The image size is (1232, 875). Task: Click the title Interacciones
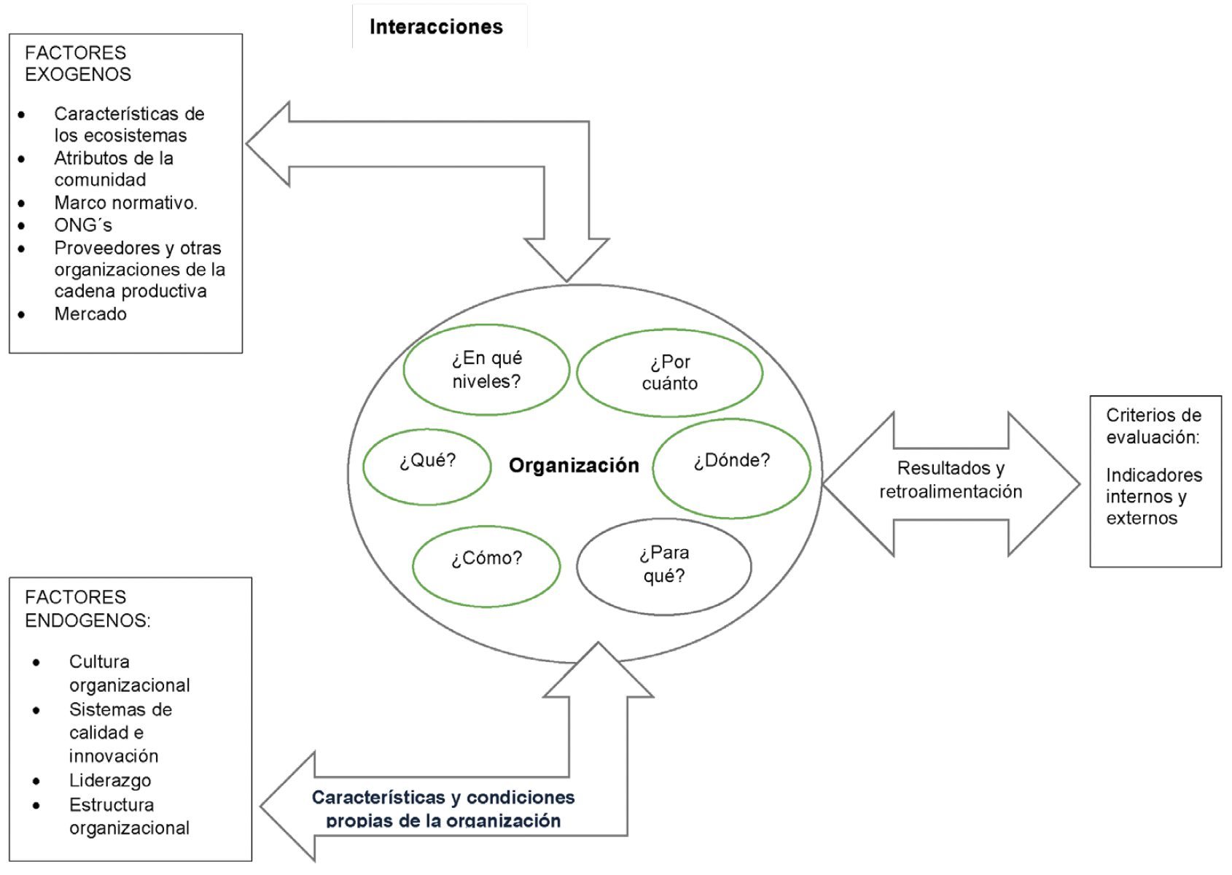[x=436, y=27]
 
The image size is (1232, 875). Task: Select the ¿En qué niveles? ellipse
[x=486, y=370]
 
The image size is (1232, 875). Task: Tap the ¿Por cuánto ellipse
[x=669, y=373]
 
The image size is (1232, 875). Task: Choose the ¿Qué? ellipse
[x=427, y=467]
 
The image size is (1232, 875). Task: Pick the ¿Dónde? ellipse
[x=731, y=468]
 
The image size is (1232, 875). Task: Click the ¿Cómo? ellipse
[x=486, y=566]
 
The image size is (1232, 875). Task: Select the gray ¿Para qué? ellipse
[x=663, y=566]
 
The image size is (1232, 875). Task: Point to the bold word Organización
[x=574, y=465]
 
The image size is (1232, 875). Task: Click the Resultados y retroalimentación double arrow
[x=951, y=481]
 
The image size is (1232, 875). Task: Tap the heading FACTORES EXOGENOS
[x=77, y=63]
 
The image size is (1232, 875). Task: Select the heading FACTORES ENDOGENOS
[x=87, y=609]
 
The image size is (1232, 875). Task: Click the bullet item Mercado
[x=90, y=314]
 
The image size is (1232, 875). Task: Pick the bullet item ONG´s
[x=83, y=225]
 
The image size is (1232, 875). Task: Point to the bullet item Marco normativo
[x=125, y=203]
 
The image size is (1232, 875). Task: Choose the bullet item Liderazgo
[x=110, y=780]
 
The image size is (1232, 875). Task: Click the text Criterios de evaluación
[x=1153, y=426]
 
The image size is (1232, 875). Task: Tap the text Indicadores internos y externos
[x=1153, y=497]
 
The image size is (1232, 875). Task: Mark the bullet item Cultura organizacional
[x=129, y=673]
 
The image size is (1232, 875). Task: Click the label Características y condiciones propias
[x=443, y=808]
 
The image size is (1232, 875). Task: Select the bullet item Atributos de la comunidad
[x=114, y=168]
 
